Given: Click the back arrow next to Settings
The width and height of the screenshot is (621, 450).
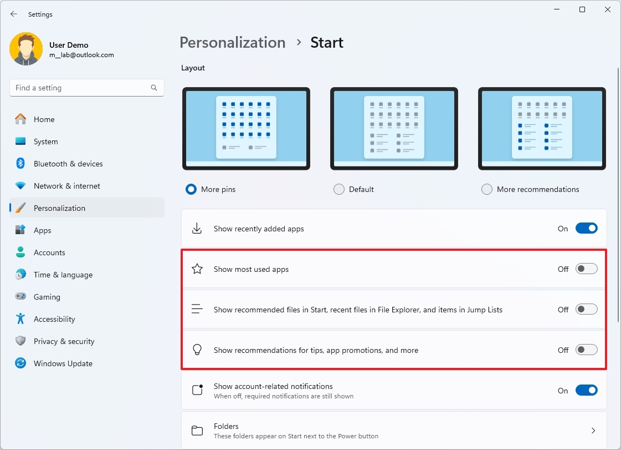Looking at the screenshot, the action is (x=14, y=14).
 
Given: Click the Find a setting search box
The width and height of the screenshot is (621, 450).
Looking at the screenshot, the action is (x=87, y=88).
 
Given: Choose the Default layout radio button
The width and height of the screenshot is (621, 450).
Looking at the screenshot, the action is (x=339, y=189).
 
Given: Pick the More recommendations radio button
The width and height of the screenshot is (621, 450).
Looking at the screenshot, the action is (x=487, y=189).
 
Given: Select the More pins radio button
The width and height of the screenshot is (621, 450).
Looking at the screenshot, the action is (x=191, y=189).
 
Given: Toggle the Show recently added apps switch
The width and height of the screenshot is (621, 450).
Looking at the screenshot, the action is (x=587, y=228).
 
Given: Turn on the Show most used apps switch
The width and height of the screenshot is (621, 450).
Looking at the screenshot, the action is (x=587, y=269).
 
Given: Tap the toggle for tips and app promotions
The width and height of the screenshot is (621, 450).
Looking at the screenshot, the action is (x=587, y=350).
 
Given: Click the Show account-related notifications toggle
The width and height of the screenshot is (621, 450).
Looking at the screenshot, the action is (x=587, y=390).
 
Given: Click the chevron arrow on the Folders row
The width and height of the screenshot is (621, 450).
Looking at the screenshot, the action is (x=593, y=431).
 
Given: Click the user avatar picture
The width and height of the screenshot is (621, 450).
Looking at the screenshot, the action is (x=26, y=49).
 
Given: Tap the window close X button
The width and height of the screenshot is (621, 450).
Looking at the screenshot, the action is (x=608, y=9).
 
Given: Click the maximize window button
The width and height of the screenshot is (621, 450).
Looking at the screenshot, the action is (x=582, y=9).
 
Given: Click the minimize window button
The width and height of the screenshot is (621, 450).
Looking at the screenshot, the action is (x=557, y=9).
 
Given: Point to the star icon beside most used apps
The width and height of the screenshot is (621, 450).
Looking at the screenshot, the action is (x=197, y=269).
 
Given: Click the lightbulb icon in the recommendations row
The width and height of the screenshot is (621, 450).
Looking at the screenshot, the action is (x=197, y=350).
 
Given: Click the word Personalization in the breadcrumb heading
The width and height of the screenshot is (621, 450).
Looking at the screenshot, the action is (x=233, y=43).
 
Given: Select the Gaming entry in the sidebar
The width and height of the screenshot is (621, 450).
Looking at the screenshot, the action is (x=47, y=297).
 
